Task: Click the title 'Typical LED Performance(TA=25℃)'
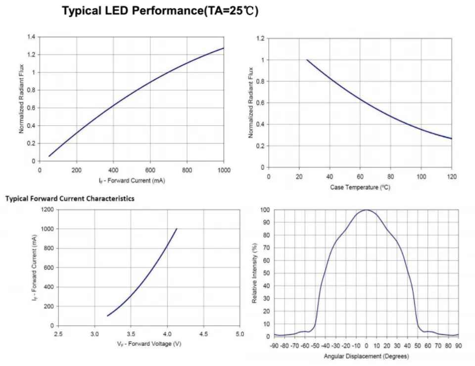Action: (x=160, y=11)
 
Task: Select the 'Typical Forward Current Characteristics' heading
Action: (x=70, y=199)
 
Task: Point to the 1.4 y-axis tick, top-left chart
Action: (x=32, y=37)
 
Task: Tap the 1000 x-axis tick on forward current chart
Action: (x=224, y=170)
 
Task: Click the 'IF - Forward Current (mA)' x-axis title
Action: (x=132, y=180)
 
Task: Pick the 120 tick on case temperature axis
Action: (x=451, y=176)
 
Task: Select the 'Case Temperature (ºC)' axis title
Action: (x=360, y=187)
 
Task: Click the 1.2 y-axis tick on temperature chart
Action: (x=261, y=38)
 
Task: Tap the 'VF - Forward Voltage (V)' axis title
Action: (x=149, y=344)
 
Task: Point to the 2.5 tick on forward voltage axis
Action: (x=58, y=334)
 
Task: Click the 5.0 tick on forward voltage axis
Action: (x=239, y=334)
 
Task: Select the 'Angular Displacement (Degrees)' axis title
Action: (x=366, y=356)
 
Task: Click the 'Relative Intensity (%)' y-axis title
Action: (x=254, y=273)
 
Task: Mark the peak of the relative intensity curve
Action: (x=366, y=210)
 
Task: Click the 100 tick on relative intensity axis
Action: (x=265, y=210)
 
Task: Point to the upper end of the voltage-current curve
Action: (x=177, y=229)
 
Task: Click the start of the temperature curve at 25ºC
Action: (x=307, y=60)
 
